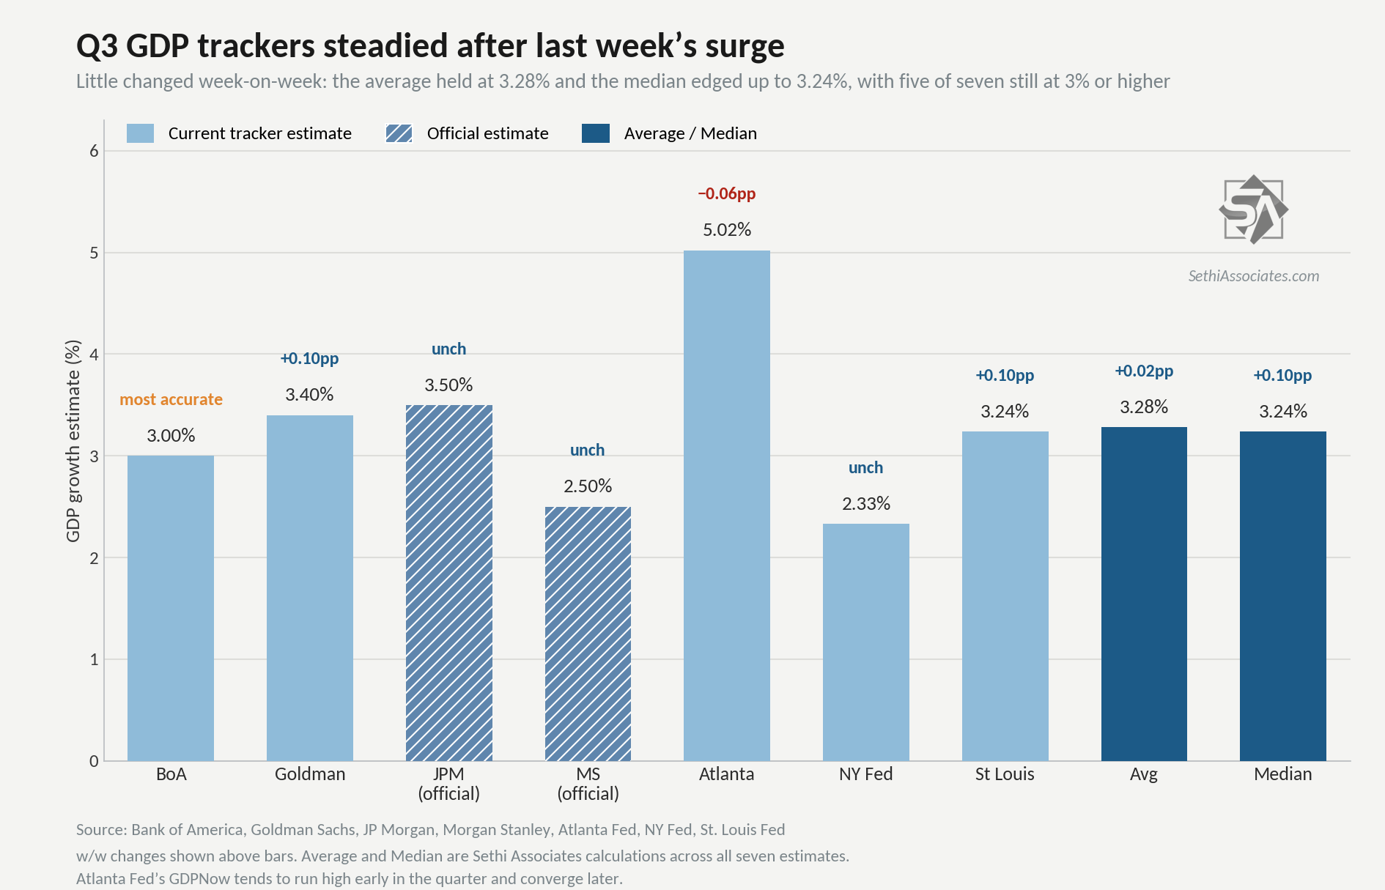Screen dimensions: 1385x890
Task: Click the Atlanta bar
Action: point(726,505)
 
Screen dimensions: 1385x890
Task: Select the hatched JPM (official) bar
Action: point(448,583)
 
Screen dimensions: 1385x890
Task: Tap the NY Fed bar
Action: point(865,642)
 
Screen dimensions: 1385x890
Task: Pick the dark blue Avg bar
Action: point(1144,594)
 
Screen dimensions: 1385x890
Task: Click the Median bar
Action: point(1283,596)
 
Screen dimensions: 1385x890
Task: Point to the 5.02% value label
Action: point(727,230)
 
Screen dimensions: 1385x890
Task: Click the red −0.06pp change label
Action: point(726,194)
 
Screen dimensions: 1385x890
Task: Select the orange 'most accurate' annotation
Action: point(171,399)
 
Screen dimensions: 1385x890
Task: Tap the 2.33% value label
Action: point(866,504)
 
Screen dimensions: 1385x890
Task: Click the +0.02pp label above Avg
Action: point(1144,371)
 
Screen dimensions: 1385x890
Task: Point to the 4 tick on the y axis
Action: point(94,355)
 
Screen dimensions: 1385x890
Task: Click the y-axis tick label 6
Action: point(94,151)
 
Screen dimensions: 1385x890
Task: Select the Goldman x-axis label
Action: point(310,774)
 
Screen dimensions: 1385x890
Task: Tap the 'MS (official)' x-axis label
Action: point(588,784)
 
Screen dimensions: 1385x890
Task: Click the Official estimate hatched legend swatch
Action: point(399,133)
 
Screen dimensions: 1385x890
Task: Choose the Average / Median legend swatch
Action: point(596,133)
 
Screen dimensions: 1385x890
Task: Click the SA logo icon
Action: point(1254,209)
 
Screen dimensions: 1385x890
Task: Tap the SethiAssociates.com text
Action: point(1254,276)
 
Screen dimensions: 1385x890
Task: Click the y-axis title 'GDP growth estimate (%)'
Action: point(73,441)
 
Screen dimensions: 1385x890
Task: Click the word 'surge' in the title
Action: point(745,46)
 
